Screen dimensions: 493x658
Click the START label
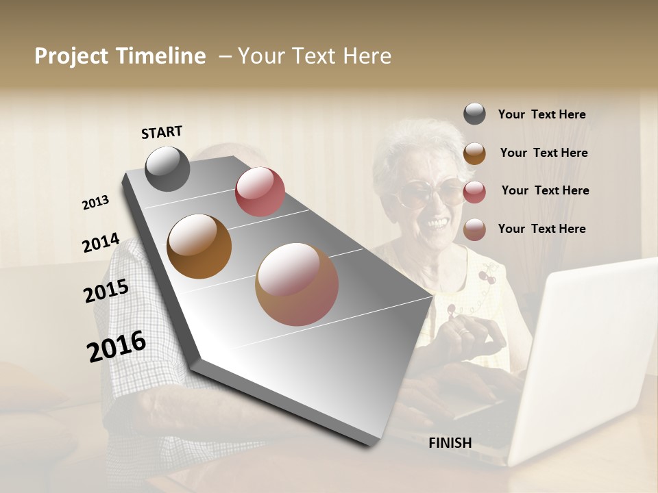point(162,132)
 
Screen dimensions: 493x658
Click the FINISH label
point(450,443)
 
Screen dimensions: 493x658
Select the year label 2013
point(96,203)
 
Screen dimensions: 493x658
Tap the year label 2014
point(101,243)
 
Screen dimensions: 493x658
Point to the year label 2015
point(106,291)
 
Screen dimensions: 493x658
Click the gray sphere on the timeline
point(167,168)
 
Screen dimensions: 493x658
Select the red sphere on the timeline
point(260,191)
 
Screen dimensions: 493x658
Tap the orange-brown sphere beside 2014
point(199,246)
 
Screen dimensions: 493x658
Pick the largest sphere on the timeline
point(297,284)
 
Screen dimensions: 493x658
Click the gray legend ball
point(474,114)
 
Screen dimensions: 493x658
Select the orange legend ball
point(474,153)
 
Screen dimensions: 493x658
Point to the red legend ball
point(474,191)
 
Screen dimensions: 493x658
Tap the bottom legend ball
point(474,229)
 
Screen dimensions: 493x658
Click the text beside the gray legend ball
point(541,114)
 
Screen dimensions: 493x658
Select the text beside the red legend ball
point(545,190)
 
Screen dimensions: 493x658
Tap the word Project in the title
point(72,56)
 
